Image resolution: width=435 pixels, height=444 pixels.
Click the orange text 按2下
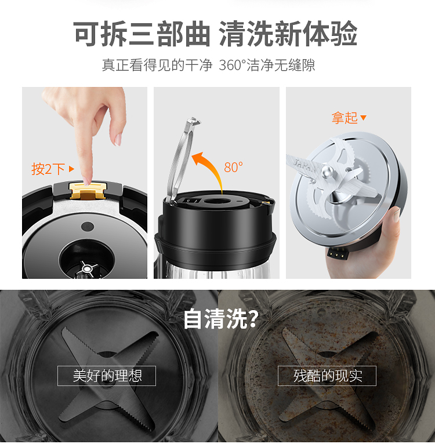pyautogui.click(x=48, y=169)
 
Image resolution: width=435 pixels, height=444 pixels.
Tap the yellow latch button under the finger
pyautogui.click(x=88, y=191)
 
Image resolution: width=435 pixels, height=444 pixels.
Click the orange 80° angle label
pyautogui.click(x=233, y=167)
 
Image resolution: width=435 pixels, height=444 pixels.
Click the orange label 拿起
pyautogui.click(x=345, y=118)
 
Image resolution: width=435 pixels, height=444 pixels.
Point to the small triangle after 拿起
pyautogui.click(x=363, y=117)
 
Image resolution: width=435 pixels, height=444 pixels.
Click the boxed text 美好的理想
pyautogui.click(x=107, y=376)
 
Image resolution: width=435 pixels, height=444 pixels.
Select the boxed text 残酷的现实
pyautogui.click(x=328, y=376)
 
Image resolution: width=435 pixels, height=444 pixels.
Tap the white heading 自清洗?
pyautogui.click(x=221, y=319)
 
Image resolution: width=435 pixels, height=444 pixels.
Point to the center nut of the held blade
pyautogui.click(x=327, y=172)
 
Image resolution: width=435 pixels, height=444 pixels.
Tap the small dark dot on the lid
pyautogui.click(x=87, y=227)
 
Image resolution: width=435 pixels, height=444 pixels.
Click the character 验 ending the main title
pyautogui.click(x=343, y=34)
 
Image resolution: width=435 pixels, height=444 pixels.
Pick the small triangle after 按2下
pyautogui.click(x=71, y=169)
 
